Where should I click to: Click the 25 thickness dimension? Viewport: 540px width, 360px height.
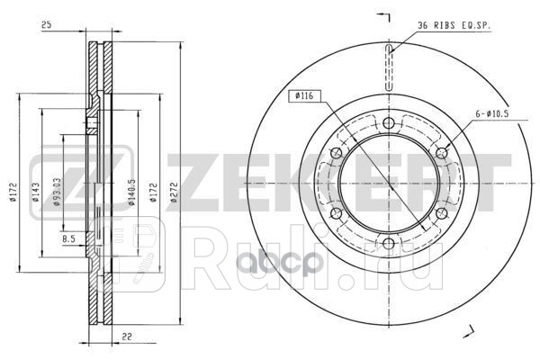46,24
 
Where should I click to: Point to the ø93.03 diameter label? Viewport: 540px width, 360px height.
57,191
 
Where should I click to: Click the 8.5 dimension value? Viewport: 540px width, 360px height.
69,239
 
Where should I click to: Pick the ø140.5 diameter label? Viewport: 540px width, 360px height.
132,193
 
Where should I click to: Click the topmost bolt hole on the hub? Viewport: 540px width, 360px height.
389,123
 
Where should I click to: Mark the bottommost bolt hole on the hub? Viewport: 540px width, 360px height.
389,244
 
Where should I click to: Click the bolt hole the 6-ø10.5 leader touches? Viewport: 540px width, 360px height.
441,153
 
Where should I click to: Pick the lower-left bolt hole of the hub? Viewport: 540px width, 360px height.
337,213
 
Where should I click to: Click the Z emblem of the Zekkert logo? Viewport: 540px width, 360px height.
52,174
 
